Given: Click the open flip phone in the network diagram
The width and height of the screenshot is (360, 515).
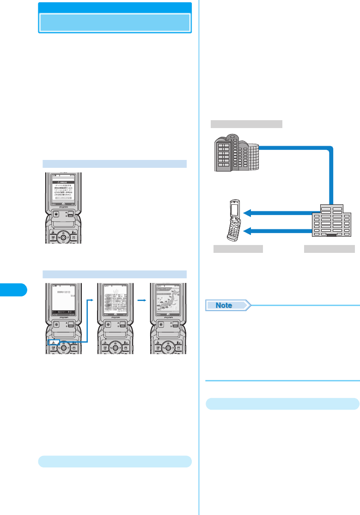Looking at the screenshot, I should click(x=234, y=220).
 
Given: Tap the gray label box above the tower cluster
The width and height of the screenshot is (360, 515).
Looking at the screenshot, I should click(x=246, y=123).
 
